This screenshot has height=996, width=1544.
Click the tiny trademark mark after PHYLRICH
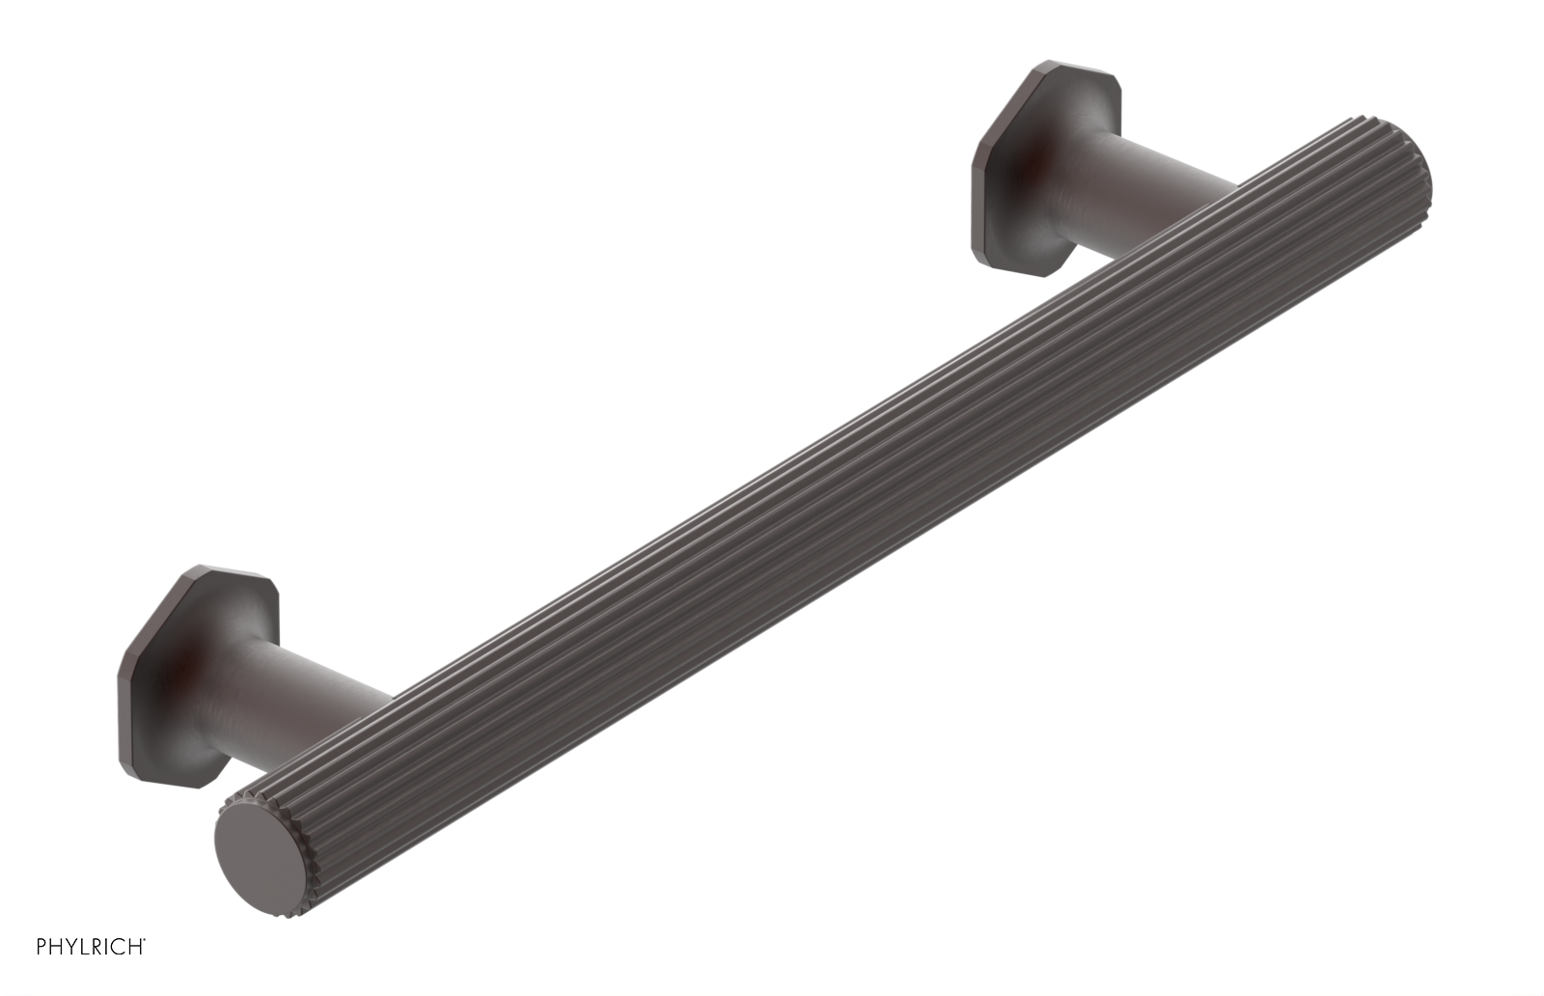(x=146, y=941)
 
